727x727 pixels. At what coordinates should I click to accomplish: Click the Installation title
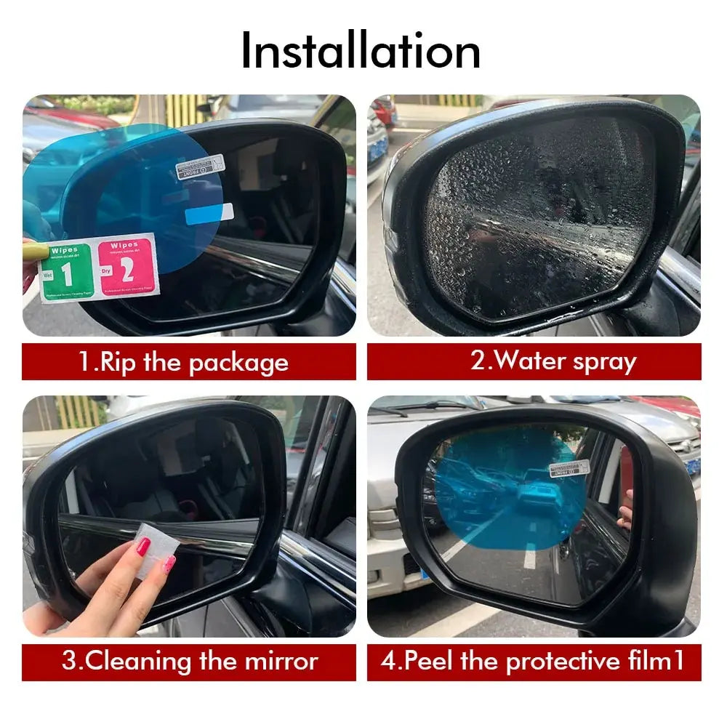coord(361,51)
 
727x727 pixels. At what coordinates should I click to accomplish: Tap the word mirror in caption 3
coord(281,662)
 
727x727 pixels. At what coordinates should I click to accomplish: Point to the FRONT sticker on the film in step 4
coord(569,467)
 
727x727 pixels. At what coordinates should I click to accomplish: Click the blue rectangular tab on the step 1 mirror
coord(209,214)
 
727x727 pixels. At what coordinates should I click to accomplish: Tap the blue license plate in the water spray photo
coord(377,150)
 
